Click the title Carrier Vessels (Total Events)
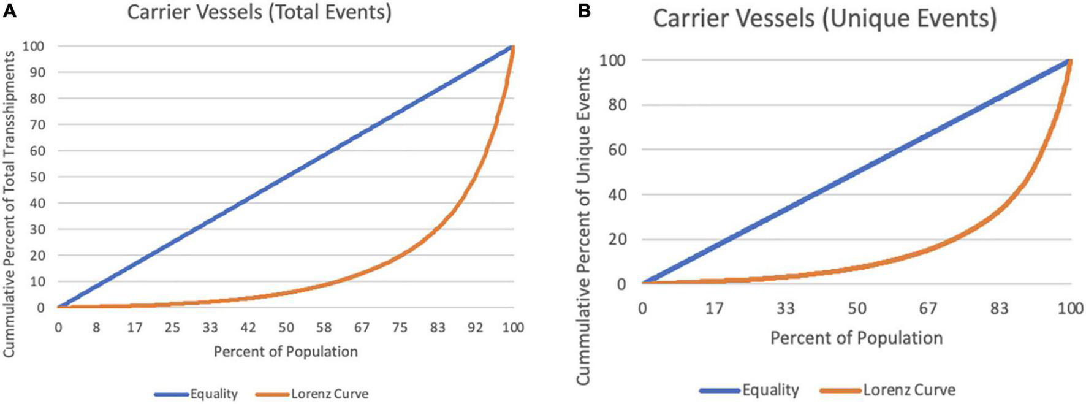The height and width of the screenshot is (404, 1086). pyautogui.click(x=259, y=12)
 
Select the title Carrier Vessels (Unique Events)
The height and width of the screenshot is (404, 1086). pyautogui.click(x=824, y=18)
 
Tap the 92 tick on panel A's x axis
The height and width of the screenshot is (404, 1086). pyautogui.click(x=475, y=327)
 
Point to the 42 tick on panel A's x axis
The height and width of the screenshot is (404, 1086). pyautogui.click(x=248, y=327)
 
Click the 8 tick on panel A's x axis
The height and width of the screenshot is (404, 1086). pyautogui.click(x=96, y=327)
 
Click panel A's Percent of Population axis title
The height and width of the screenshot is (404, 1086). pyautogui.click(x=286, y=352)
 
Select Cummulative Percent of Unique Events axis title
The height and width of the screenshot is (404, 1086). pyautogui.click(x=584, y=226)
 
